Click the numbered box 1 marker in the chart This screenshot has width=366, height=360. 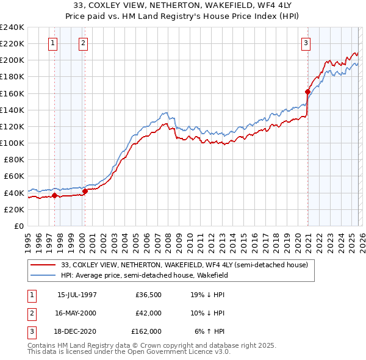[x=53, y=43]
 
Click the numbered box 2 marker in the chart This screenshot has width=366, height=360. [x=83, y=43]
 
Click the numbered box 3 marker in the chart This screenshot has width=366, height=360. [x=306, y=43]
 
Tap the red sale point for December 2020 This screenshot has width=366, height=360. [x=307, y=92]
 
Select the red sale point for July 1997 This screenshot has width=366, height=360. [x=54, y=196]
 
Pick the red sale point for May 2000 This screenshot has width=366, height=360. [x=85, y=191]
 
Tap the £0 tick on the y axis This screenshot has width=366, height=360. [x=18, y=226]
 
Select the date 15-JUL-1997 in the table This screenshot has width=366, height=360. [x=77, y=294]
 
